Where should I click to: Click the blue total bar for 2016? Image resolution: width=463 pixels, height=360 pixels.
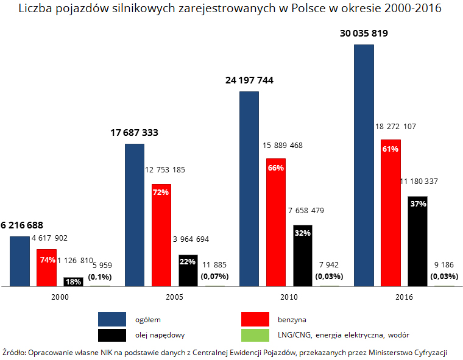(x=364, y=164)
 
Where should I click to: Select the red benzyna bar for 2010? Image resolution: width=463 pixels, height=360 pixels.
(x=276, y=222)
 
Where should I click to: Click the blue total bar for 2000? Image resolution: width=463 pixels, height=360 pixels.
(x=19, y=261)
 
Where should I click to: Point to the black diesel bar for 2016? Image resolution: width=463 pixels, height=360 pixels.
(x=417, y=241)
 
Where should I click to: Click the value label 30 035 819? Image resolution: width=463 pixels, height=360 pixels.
(x=364, y=34)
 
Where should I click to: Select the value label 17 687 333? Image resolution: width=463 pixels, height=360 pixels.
(x=135, y=132)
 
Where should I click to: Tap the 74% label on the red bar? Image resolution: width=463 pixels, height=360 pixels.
(x=48, y=259)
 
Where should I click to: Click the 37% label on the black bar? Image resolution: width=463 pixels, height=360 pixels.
(x=418, y=204)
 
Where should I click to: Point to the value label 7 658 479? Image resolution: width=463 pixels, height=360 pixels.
(x=306, y=211)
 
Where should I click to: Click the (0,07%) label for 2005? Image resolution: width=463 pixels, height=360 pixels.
(x=214, y=277)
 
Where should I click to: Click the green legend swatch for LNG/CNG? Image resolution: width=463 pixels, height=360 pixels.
(x=255, y=335)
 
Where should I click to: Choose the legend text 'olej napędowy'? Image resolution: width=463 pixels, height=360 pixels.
(x=160, y=335)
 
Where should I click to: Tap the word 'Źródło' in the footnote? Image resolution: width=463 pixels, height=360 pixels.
(x=14, y=352)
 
